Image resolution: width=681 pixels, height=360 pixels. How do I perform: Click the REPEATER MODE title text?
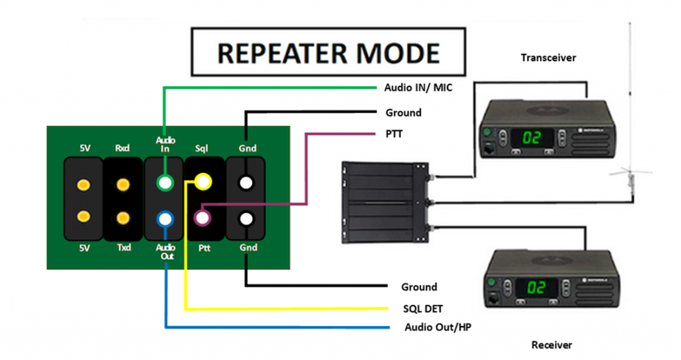tap(329, 53)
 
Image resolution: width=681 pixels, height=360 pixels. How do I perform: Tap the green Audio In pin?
tap(165, 182)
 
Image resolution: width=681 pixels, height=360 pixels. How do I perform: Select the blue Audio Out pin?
tap(165, 219)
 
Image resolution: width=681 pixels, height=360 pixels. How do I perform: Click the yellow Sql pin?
tap(203, 182)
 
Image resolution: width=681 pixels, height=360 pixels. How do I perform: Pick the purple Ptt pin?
tap(203, 218)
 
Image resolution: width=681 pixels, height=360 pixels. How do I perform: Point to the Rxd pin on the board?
tap(123, 185)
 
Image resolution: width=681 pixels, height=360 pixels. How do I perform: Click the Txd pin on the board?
tap(123, 218)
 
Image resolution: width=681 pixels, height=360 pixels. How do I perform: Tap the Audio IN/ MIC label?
tap(418, 88)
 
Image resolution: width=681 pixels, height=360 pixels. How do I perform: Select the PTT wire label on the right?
tap(394, 134)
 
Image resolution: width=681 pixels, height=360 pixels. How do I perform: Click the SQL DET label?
tap(422, 309)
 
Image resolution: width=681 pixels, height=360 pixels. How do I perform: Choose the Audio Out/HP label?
tap(438, 327)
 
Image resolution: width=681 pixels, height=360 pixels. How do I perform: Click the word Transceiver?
tap(548, 58)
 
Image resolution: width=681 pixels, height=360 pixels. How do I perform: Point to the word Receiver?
tap(551, 345)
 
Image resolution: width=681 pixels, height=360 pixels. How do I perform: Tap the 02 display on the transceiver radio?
tap(531, 138)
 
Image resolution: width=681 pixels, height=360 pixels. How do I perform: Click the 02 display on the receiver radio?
tap(536, 287)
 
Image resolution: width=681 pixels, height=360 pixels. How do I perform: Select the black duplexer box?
tap(385, 202)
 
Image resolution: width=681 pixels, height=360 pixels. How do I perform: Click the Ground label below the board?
tap(419, 287)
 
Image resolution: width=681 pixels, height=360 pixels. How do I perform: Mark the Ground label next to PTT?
tap(403, 113)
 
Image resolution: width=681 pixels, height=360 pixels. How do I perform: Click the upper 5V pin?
tap(84, 185)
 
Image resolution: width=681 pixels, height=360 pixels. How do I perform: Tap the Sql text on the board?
tap(202, 148)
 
